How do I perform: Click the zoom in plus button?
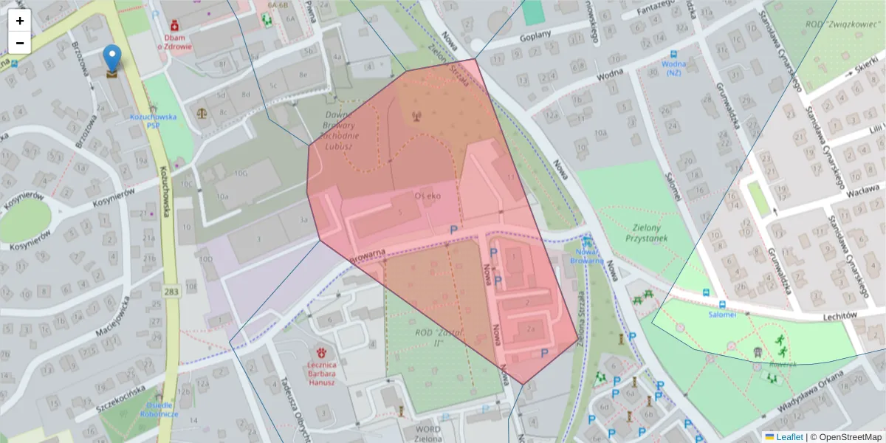(x=20, y=21)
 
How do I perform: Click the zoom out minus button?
(x=20, y=43)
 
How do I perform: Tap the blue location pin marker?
(x=112, y=59)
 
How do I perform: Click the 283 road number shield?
(x=171, y=292)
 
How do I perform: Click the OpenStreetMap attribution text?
(x=849, y=437)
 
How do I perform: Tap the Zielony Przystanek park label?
(x=647, y=233)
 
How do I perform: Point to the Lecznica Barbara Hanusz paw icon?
(x=322, y=352)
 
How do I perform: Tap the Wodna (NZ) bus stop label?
(x=673, y=67)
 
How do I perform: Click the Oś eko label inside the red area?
(x=427, y=196)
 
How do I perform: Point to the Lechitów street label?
(x=838, y=315)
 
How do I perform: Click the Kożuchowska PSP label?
(x=152, y=120)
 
